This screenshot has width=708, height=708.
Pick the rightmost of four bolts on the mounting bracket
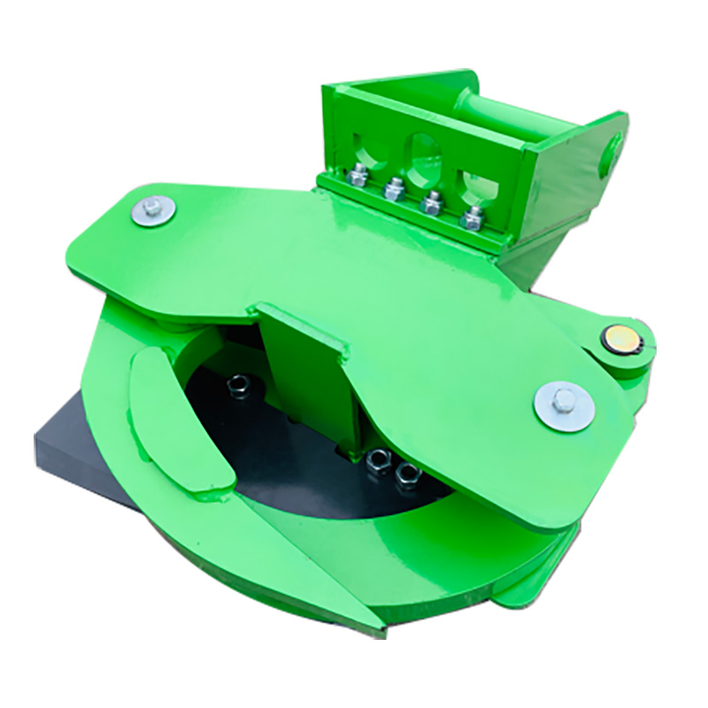[x=473, y=216]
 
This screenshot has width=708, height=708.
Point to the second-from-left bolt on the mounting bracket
[x=393, y=188]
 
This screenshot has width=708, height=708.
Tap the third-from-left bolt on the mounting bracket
[x=432, y=203]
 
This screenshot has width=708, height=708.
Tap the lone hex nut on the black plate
[x=238, y=386]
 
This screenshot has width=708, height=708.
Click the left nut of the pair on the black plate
[x=380, y=460]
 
